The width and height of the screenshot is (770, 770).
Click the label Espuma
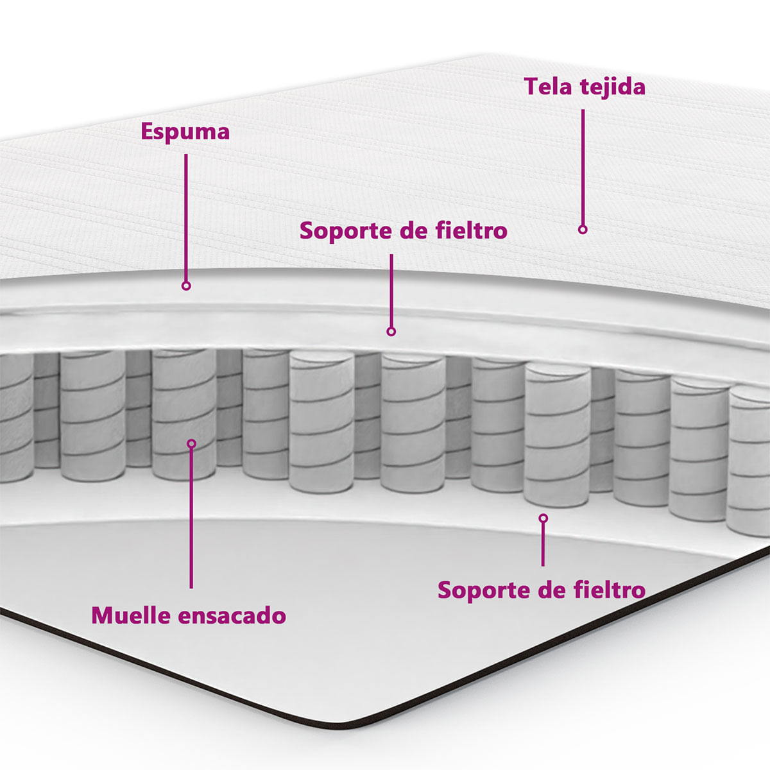click(x=185, y=132)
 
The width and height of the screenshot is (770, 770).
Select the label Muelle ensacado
click(x=189, y=615)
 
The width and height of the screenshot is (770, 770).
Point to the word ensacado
click(x=232, y=615)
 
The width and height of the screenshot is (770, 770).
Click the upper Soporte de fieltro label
click(x=404, y=230)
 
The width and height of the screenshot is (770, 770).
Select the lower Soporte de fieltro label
click(x=542, y=590)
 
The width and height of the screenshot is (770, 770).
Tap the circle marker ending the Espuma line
click(x=186, y=286)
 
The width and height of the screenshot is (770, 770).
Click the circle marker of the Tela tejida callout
click(x=583, y=229)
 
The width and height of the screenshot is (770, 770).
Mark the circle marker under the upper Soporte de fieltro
click(x=391, y=331)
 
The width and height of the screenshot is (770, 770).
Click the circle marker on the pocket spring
click(x=191, y=443)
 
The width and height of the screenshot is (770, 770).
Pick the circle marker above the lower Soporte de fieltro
click(x=543, y=518)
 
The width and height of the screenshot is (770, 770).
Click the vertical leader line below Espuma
click(x=186, y=218)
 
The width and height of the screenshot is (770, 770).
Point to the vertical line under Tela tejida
click(x=583, y=167)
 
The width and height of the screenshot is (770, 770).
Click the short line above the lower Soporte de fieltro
click(x=543, y=545)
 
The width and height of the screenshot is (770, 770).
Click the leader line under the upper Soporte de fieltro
click(x=391, y=291)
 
